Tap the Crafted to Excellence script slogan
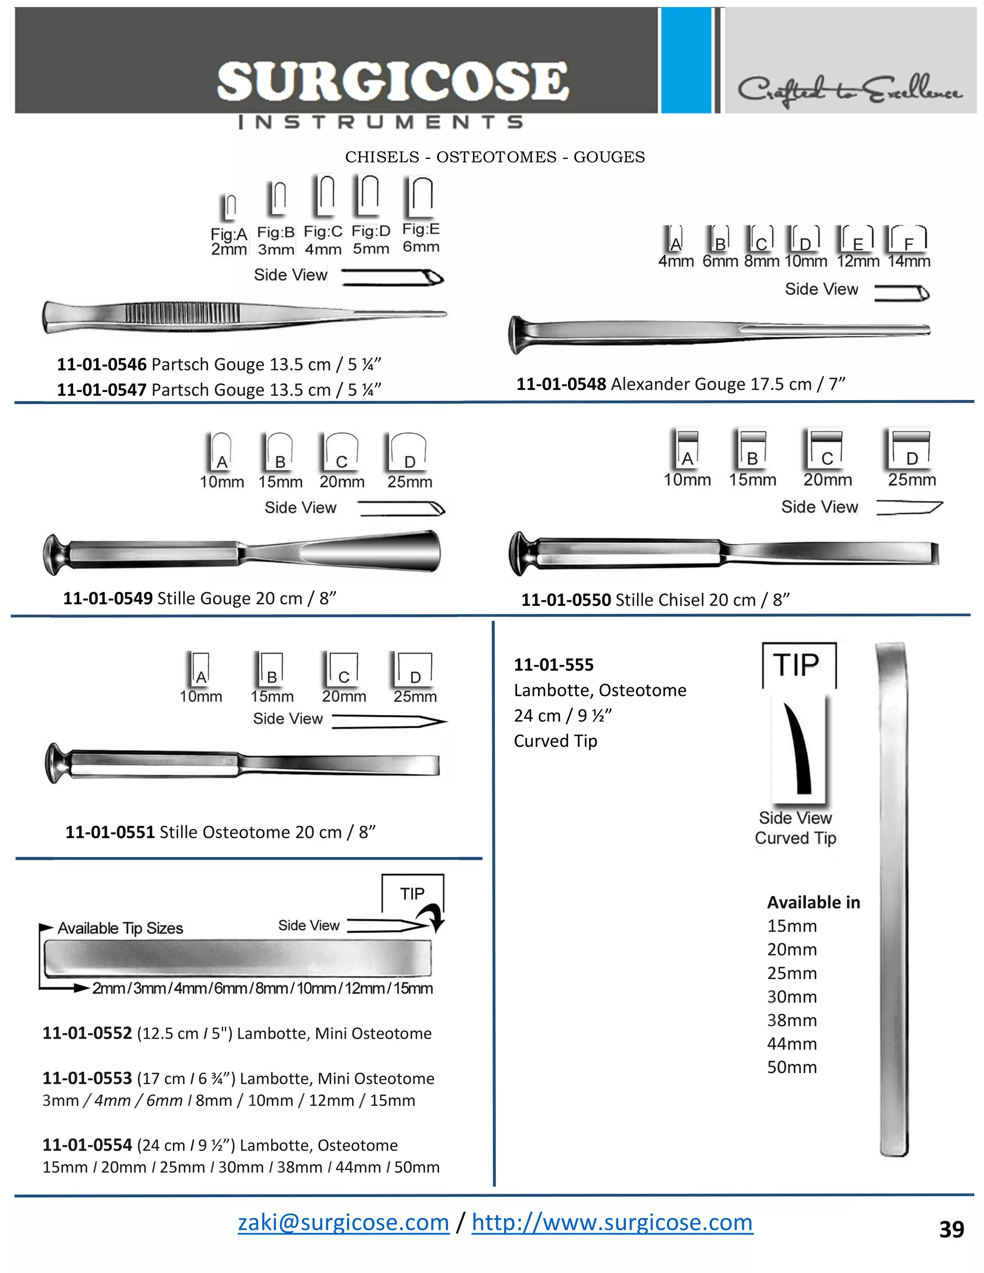point(850,90)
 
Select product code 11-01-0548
point(561,384)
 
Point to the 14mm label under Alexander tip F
point(909,261)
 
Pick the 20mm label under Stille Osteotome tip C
point(344,697)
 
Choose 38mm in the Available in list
point(792,1020)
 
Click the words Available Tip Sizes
point(120,928)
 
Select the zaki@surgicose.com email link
point(344,1222)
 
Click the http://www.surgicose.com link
point(612,1222)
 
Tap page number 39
point(951,1229)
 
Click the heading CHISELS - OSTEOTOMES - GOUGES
point(495,157)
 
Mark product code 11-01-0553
point(87,1078)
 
